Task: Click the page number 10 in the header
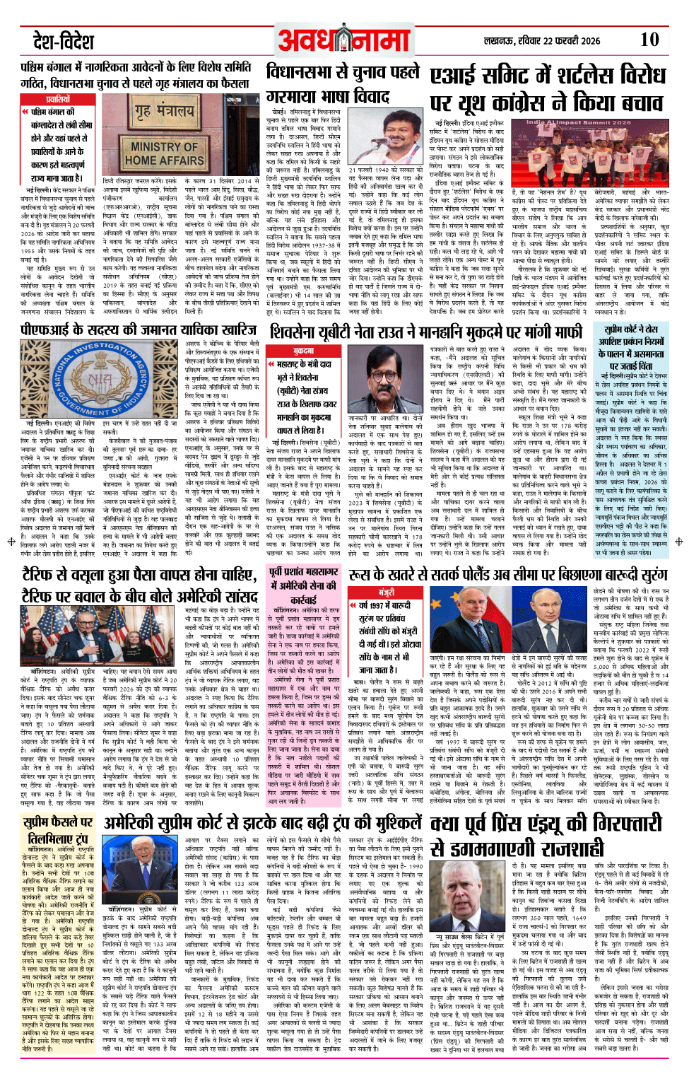click(649, 39)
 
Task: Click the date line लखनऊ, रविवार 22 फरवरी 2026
click(542, 40)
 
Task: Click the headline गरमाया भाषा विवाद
click(329, 96)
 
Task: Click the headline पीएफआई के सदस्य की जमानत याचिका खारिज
click(139, 329)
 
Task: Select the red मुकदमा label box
click(303, 351)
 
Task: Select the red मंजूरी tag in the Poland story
click(386, 592)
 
